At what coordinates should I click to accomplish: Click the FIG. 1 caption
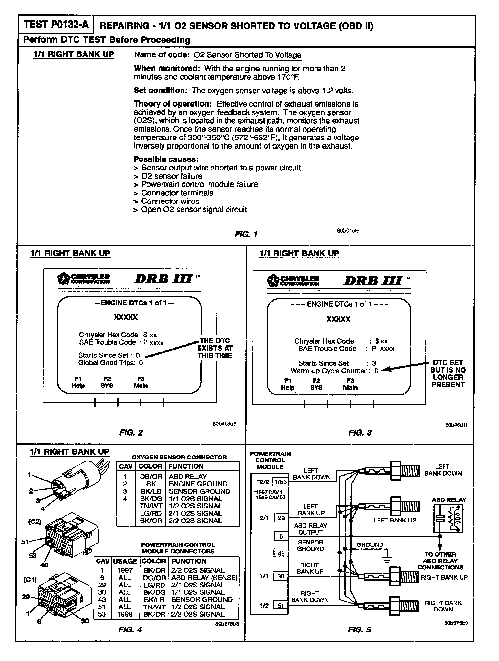(246, 234)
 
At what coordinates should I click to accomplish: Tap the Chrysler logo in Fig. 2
(83, 279)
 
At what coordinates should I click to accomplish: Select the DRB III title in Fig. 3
(373, 281)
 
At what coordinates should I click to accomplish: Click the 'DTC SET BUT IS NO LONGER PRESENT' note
(448, 373)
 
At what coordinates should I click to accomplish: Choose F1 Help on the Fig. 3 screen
(288, 384)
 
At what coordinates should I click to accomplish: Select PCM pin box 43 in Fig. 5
(281, 554)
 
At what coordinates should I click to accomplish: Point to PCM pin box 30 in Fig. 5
(281, 576)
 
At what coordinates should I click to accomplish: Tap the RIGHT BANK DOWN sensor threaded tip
(410, 604)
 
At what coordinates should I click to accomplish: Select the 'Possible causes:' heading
(166, 159)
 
